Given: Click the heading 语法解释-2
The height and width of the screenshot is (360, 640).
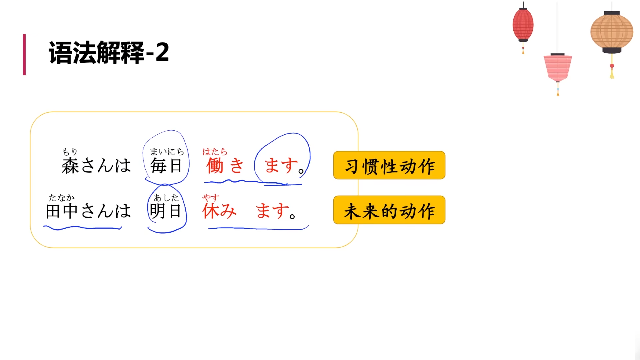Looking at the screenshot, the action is (109, 53).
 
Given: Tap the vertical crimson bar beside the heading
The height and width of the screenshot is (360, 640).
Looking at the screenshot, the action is (24, 54).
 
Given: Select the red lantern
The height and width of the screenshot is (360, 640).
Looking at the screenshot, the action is (523, 25).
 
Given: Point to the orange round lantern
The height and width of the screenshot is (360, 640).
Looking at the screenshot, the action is (612, 32).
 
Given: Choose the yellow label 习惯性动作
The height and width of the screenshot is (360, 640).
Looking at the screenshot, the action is (389, 166).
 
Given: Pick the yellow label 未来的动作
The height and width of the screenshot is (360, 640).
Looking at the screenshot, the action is (389, 210).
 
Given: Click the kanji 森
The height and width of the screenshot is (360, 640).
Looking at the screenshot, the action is (70, 166).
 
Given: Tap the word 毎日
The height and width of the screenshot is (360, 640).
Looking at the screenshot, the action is (166, 166).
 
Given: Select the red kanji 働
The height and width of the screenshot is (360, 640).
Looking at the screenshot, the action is (215, 166).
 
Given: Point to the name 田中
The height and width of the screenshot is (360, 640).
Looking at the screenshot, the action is (62, 211).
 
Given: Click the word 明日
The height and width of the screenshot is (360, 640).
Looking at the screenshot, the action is (165, 211).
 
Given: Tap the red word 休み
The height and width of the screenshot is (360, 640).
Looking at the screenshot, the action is (219, 211).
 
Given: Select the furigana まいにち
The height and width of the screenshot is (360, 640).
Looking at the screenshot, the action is (167, 152).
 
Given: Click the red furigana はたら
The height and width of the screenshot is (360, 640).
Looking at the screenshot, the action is (215, 152).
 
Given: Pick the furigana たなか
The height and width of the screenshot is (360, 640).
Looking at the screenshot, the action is (62, 198).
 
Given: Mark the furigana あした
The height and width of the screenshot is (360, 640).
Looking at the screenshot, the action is (166, 198).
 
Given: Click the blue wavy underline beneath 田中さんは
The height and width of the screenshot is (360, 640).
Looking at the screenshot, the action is (82, 228).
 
